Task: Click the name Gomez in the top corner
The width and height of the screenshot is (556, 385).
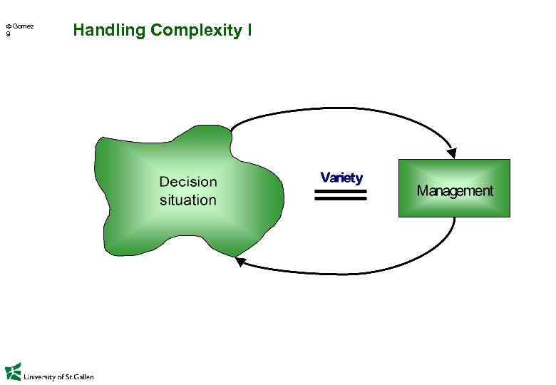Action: coord(22,26)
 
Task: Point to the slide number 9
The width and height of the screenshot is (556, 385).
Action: coord(8,34)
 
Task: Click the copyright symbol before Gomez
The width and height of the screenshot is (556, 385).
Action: coord(8,27)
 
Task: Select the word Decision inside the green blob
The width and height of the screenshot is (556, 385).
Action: coord(187,183)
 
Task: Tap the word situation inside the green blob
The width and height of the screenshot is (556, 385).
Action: coord(187,200)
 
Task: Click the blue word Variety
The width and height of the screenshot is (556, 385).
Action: coord(341,178)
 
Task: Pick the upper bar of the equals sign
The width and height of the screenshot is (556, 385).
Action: coord(340,191)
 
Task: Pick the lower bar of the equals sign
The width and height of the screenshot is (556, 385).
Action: coord(340,199)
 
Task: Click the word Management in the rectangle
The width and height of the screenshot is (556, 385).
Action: coord(454,191)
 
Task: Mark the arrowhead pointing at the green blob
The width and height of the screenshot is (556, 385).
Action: coord(241,262)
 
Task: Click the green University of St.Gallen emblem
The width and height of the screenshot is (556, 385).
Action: coord(12,372)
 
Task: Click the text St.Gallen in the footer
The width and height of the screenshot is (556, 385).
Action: coord(79,376)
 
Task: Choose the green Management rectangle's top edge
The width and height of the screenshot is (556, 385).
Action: coord(454,159)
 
